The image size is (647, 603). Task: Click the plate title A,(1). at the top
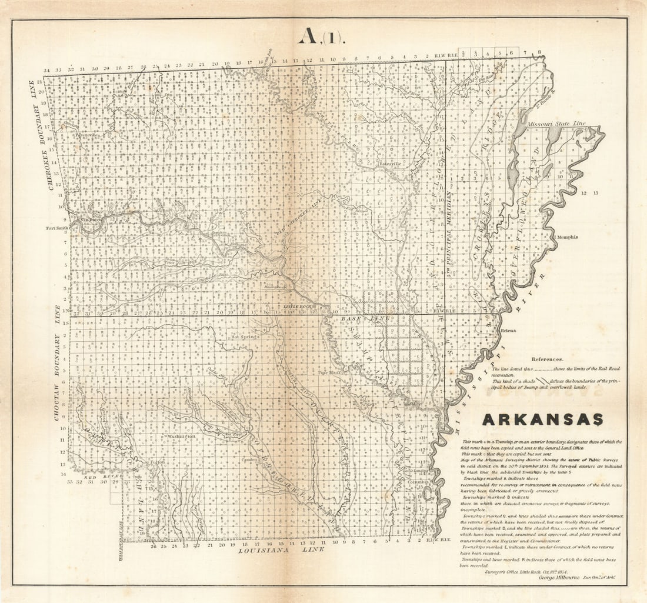(x=322, y=36)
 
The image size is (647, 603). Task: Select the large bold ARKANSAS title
(x=543, y=419)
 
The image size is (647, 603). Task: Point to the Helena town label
(x=508, y=331)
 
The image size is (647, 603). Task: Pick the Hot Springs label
(x=244, y=337)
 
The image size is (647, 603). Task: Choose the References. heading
(x=547, y=359)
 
